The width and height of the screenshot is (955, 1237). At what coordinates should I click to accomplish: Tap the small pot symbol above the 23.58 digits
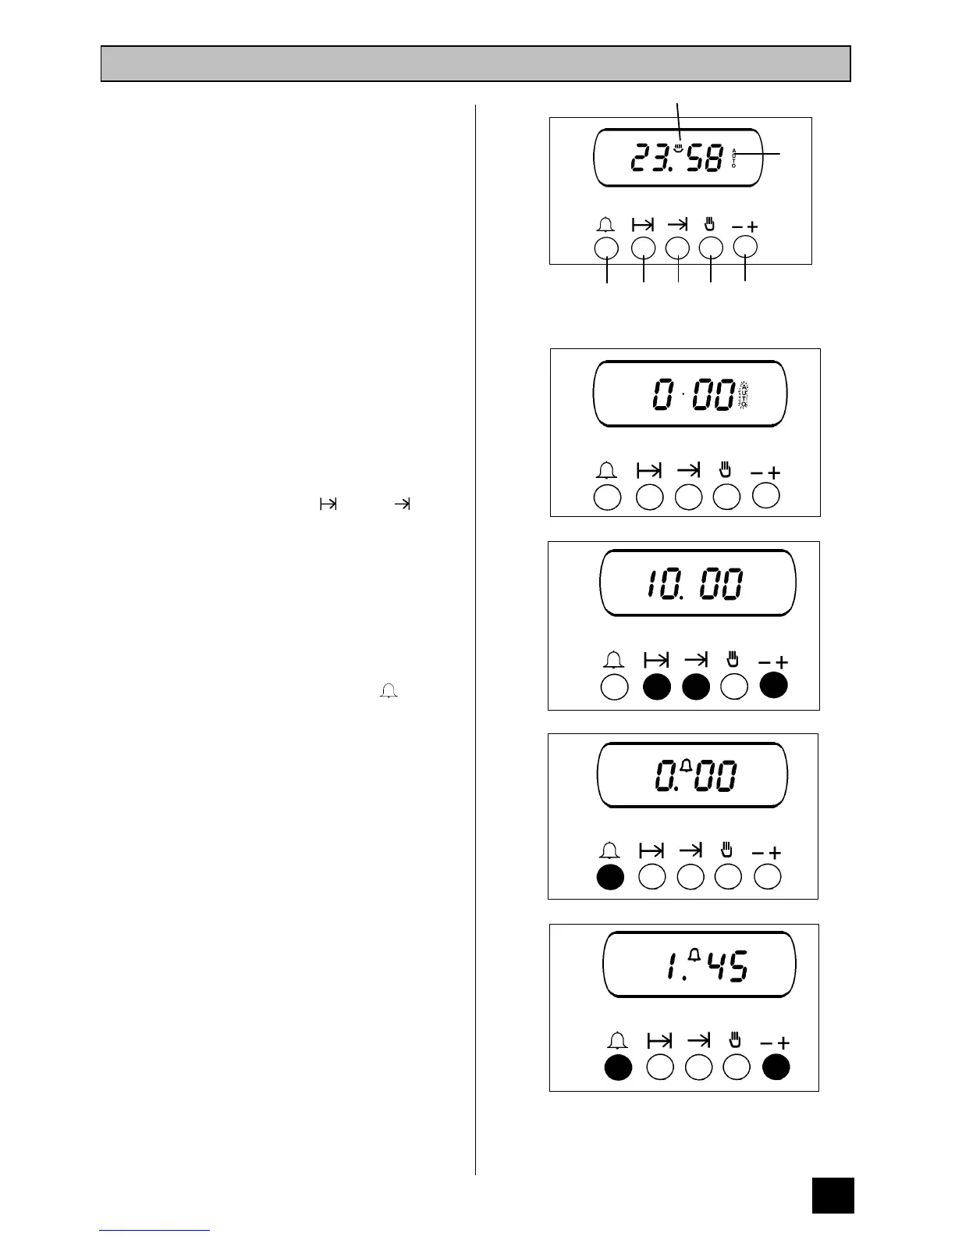pyautogui.click(x=680, y=144)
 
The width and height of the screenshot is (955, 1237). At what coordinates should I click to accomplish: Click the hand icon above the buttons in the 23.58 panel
pyautogui.click(x=710, y=225)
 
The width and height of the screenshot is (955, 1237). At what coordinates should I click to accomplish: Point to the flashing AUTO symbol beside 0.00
pyautogui.click(x=744, y=396)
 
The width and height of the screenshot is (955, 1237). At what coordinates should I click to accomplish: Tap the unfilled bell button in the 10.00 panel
pyautogui.click(x=615, y=687)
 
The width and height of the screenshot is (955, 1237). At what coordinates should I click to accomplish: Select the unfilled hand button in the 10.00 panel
pyautogui.click(x=734, y=687)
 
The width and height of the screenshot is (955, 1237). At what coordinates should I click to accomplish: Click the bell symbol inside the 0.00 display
pyautogui.click(x=687, y=766)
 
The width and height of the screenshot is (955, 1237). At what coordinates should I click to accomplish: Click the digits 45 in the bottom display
pyautogui.click(x=727, y=967)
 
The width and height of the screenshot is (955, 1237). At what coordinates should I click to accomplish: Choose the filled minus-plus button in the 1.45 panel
pyautogui.click(x=776, y=1068)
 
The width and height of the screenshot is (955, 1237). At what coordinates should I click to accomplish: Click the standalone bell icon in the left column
pyautogui.click(x=389, y=690)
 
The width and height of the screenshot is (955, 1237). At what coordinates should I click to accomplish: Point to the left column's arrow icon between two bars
pyautogui.click(x=328, y=504)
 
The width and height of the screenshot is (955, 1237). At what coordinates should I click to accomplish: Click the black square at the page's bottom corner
pyautogui.click(x=833, y=1195)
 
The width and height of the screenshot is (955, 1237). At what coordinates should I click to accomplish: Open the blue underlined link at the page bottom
pyautogui.click(x=154, y=1229)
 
